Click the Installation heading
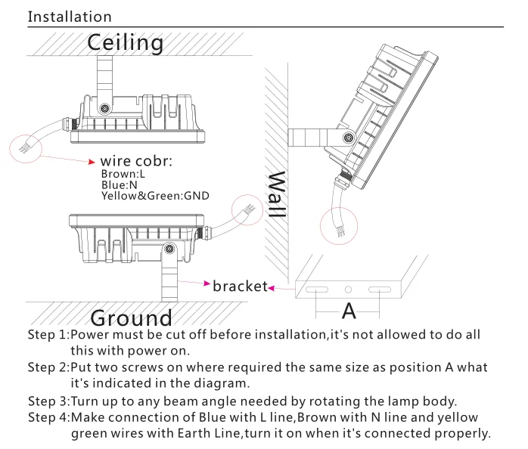pos(70,17)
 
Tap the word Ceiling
pos(125,43)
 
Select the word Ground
pos(131,317)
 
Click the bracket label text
pos(240,286)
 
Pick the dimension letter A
pos(349,310)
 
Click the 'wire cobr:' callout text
pos(136,161)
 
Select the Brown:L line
pos(123,174)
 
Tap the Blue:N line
pos(118,184)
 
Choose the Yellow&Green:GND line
pos(155,195)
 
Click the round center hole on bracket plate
pos(348,290)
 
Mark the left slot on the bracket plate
pos(318,290)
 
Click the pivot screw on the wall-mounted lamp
pos(348,138)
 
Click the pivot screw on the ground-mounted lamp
pos(169,247)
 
